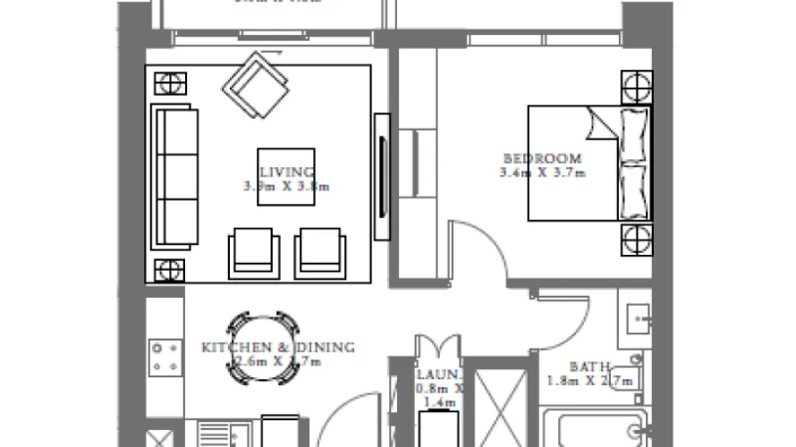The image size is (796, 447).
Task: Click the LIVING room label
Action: click(286, 172)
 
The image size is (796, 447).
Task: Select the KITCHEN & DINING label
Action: click(278, 347)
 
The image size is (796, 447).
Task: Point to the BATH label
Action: click(590, 367)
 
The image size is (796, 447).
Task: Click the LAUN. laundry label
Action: click(438, 375)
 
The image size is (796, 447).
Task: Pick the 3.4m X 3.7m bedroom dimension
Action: click(542, 173)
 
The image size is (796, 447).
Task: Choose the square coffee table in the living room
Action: click(286, 176)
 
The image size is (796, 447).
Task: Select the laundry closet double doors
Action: click(437, 348)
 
